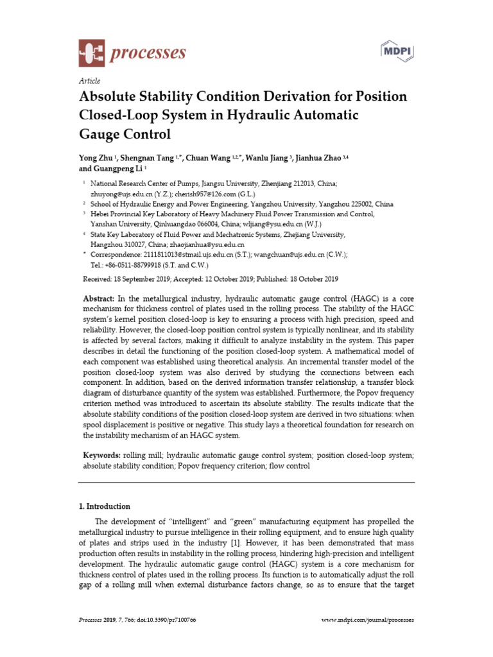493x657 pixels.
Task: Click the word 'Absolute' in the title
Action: [110, 98]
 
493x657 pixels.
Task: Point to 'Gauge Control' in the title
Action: [125, 134]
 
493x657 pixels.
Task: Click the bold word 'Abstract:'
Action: [99, 300]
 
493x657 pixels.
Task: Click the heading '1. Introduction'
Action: [103, 506]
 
